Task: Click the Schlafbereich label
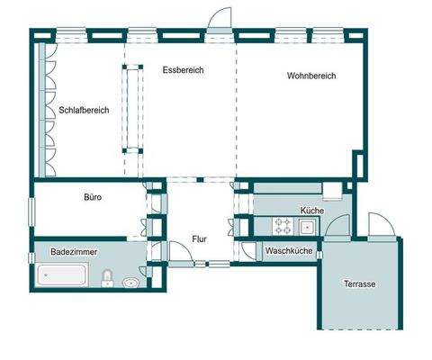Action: tap(84, 111)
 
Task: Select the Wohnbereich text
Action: tap(310, 76)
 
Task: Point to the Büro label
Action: tap(92, 196)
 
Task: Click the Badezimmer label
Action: tap(74, 253)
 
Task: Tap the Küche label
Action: tap(311, 210)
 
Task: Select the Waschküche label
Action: tap(289, 252)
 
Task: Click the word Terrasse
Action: tap(359, 284)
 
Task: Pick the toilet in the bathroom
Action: tap(107, 276)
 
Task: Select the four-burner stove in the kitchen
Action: tap(283, 225)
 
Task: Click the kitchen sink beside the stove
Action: tap(307, 225)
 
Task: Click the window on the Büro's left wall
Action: tap(33, 208)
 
